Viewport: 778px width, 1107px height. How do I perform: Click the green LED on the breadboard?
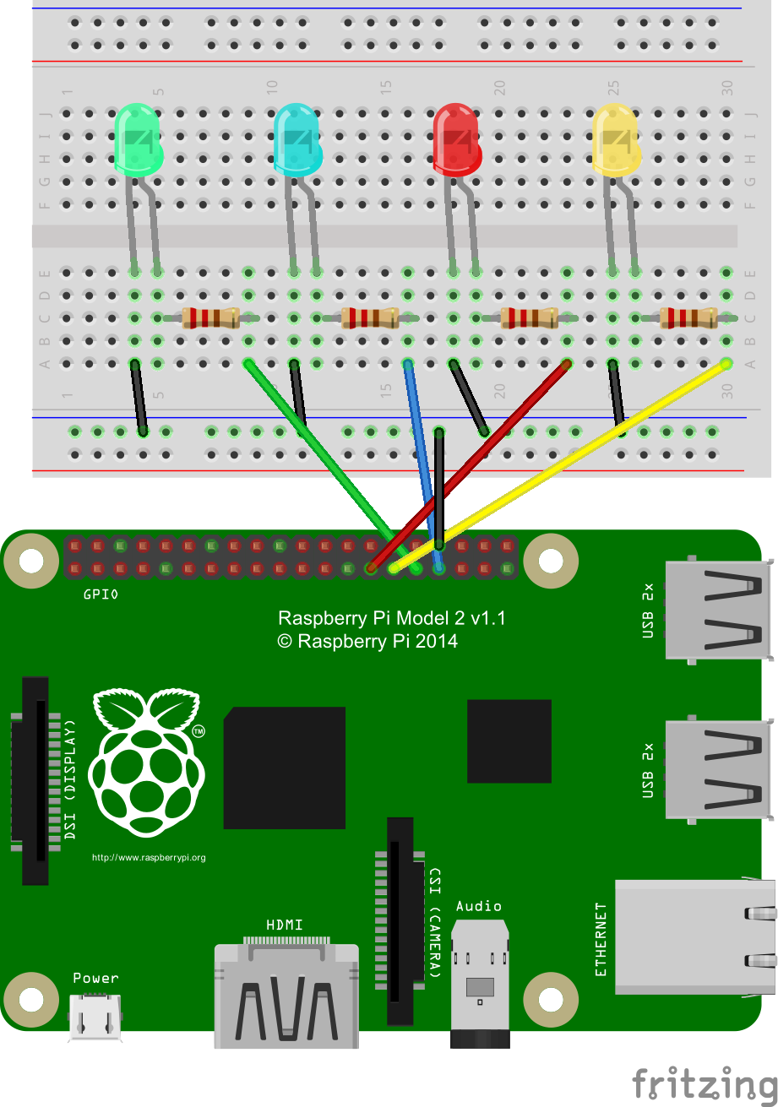138,140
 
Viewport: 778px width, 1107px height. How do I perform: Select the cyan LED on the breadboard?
297,140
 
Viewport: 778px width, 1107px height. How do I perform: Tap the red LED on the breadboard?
457,140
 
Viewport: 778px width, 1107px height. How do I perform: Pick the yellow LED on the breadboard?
617,140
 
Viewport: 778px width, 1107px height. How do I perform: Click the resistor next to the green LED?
210,317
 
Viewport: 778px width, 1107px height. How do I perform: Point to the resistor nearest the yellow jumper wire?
688,317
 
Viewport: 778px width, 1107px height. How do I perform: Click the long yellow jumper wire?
559,466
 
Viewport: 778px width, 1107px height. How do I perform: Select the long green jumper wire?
332,466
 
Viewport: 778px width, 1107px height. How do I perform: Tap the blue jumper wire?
423,466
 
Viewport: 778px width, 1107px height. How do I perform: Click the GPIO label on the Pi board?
101,594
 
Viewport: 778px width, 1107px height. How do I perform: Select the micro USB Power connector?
95,1017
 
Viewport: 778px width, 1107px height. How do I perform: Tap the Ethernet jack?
695,937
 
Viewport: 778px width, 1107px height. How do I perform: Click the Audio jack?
480,984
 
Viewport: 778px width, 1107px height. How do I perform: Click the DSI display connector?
35,780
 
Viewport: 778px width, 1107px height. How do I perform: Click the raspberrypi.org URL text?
149,857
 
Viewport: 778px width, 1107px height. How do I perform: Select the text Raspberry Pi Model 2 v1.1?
391,618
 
